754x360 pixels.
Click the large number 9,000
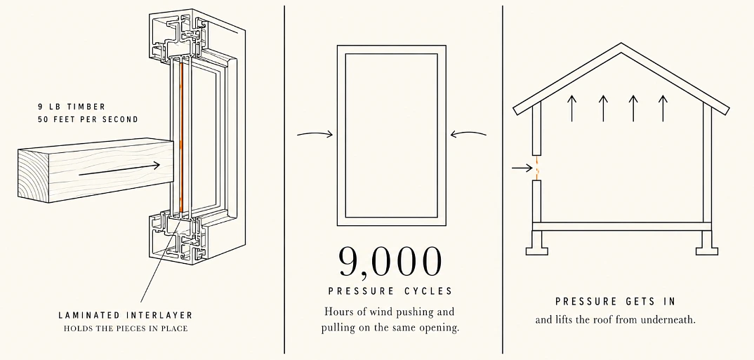(x=390, y=262)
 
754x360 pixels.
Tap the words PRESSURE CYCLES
(x=390, y=291)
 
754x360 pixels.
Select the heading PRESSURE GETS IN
(x=616, y=301)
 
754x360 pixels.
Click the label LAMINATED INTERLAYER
(x=126, y=315)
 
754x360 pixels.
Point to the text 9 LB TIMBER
(x=72, y=107)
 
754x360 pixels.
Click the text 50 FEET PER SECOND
(x=88, y=119)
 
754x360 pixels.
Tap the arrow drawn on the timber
(x=119, y=168)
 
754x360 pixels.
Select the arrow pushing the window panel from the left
(x=315, y=134)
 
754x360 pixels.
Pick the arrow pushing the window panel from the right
(x=468, y=134)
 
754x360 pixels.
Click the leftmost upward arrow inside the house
(x=571, y=108)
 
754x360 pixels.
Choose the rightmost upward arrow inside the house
(x=663, y=108)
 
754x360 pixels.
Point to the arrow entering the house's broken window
(x=522, y=168)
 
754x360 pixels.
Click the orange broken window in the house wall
(x=536, y=168)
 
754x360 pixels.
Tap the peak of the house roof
(x=621, y=44)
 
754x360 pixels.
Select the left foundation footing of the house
(x=536, y=244)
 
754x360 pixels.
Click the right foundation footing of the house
(x=706, y=244)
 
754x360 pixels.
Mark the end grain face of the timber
(x=34, y=176)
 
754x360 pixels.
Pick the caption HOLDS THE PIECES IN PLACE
(x=126, y=328)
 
